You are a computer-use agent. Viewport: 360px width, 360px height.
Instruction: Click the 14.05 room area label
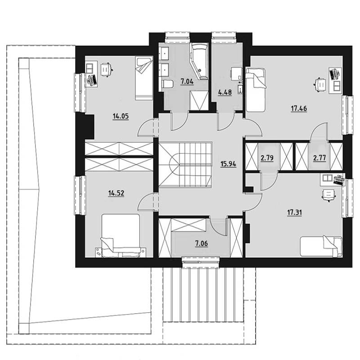(x=121, y=117)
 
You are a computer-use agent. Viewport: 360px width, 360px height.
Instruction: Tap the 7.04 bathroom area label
(x=187, y=81)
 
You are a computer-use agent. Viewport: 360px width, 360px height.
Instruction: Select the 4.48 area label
(x=225, y=92)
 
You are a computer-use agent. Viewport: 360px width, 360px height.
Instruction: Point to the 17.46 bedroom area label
(x=299, y=108)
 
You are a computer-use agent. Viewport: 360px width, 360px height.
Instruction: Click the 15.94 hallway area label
(x=228, y=164)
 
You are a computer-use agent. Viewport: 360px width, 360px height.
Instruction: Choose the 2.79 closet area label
(x=267, y=158)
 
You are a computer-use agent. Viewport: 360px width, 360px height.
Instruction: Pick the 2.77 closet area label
(x=319, y=158)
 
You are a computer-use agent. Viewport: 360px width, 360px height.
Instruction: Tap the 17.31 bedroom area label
(x=295, y=212)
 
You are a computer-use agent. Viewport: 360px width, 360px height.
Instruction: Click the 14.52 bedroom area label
(x=116, y=193)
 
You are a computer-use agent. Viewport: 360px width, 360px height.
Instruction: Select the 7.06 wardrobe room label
(x=201, y=243)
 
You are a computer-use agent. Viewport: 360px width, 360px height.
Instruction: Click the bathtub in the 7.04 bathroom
(x=199, y=62)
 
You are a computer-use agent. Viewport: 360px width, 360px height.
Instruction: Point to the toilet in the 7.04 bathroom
(x=167, y=84)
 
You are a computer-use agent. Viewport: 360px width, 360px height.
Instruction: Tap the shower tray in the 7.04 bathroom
(x=199, y=100)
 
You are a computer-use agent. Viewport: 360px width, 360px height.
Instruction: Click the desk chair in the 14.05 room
(x=106, y=69)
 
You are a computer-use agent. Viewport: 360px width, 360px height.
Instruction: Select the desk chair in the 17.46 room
(x=320, y=85)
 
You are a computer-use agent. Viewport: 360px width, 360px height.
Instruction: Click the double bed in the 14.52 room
(x=121, y=235)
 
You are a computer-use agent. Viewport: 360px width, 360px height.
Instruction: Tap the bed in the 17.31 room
(x=321, y=246)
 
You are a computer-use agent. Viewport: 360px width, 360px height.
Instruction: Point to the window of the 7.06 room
(x=201, y=262)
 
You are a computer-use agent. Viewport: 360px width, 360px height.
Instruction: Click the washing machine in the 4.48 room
(x=237, y=74)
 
